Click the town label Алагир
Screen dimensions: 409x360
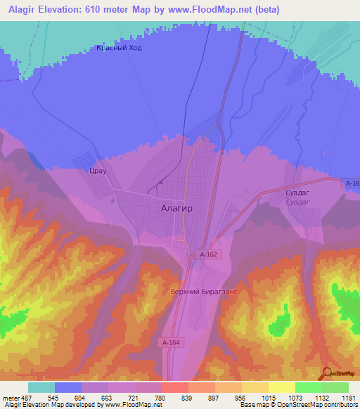coord(176,209)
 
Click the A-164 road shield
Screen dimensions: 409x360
coord(170,342)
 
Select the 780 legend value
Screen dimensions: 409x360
coord(160,397)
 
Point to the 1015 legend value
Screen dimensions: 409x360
coord(268,397)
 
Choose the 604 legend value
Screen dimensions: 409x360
coord(79,397)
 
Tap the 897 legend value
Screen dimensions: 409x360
coord(214,397)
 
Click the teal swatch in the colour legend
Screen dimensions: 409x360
coord(41,387)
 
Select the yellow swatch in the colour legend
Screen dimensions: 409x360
coord(281,387)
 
